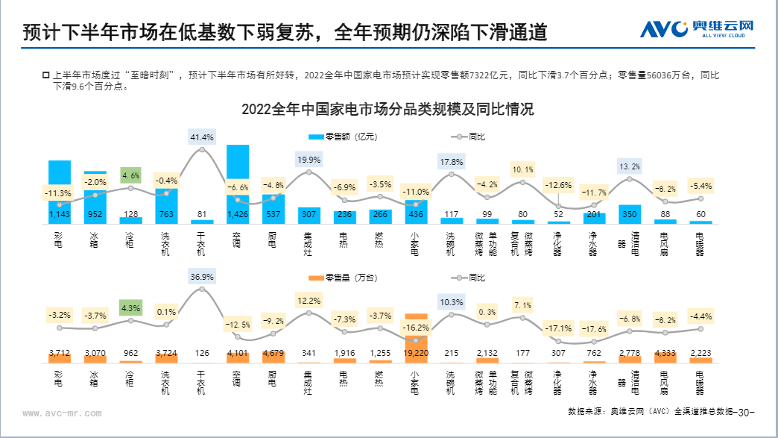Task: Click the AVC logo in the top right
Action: click(x=698, y=29)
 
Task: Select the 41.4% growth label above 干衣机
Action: click(x=202, y=137)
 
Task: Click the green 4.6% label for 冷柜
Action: click(x=131, y=176)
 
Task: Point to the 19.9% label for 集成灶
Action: click(x=309, y=160)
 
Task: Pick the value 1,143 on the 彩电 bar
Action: click(x=59, y=216)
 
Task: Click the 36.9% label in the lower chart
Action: click(x=202, y=277)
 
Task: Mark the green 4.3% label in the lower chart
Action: click(x=131, y=308)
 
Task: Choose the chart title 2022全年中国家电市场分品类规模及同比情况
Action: click(x=388, y=110)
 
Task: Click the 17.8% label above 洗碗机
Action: click(x=452, y=162)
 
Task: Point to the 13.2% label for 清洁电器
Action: click(x=630, y=166)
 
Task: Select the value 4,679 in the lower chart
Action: click(x=273, y=353)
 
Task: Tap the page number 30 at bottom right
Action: click(x=744, y=412)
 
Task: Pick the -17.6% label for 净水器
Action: click(x=594, y=330)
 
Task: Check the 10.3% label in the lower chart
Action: click(x=452, y=302)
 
